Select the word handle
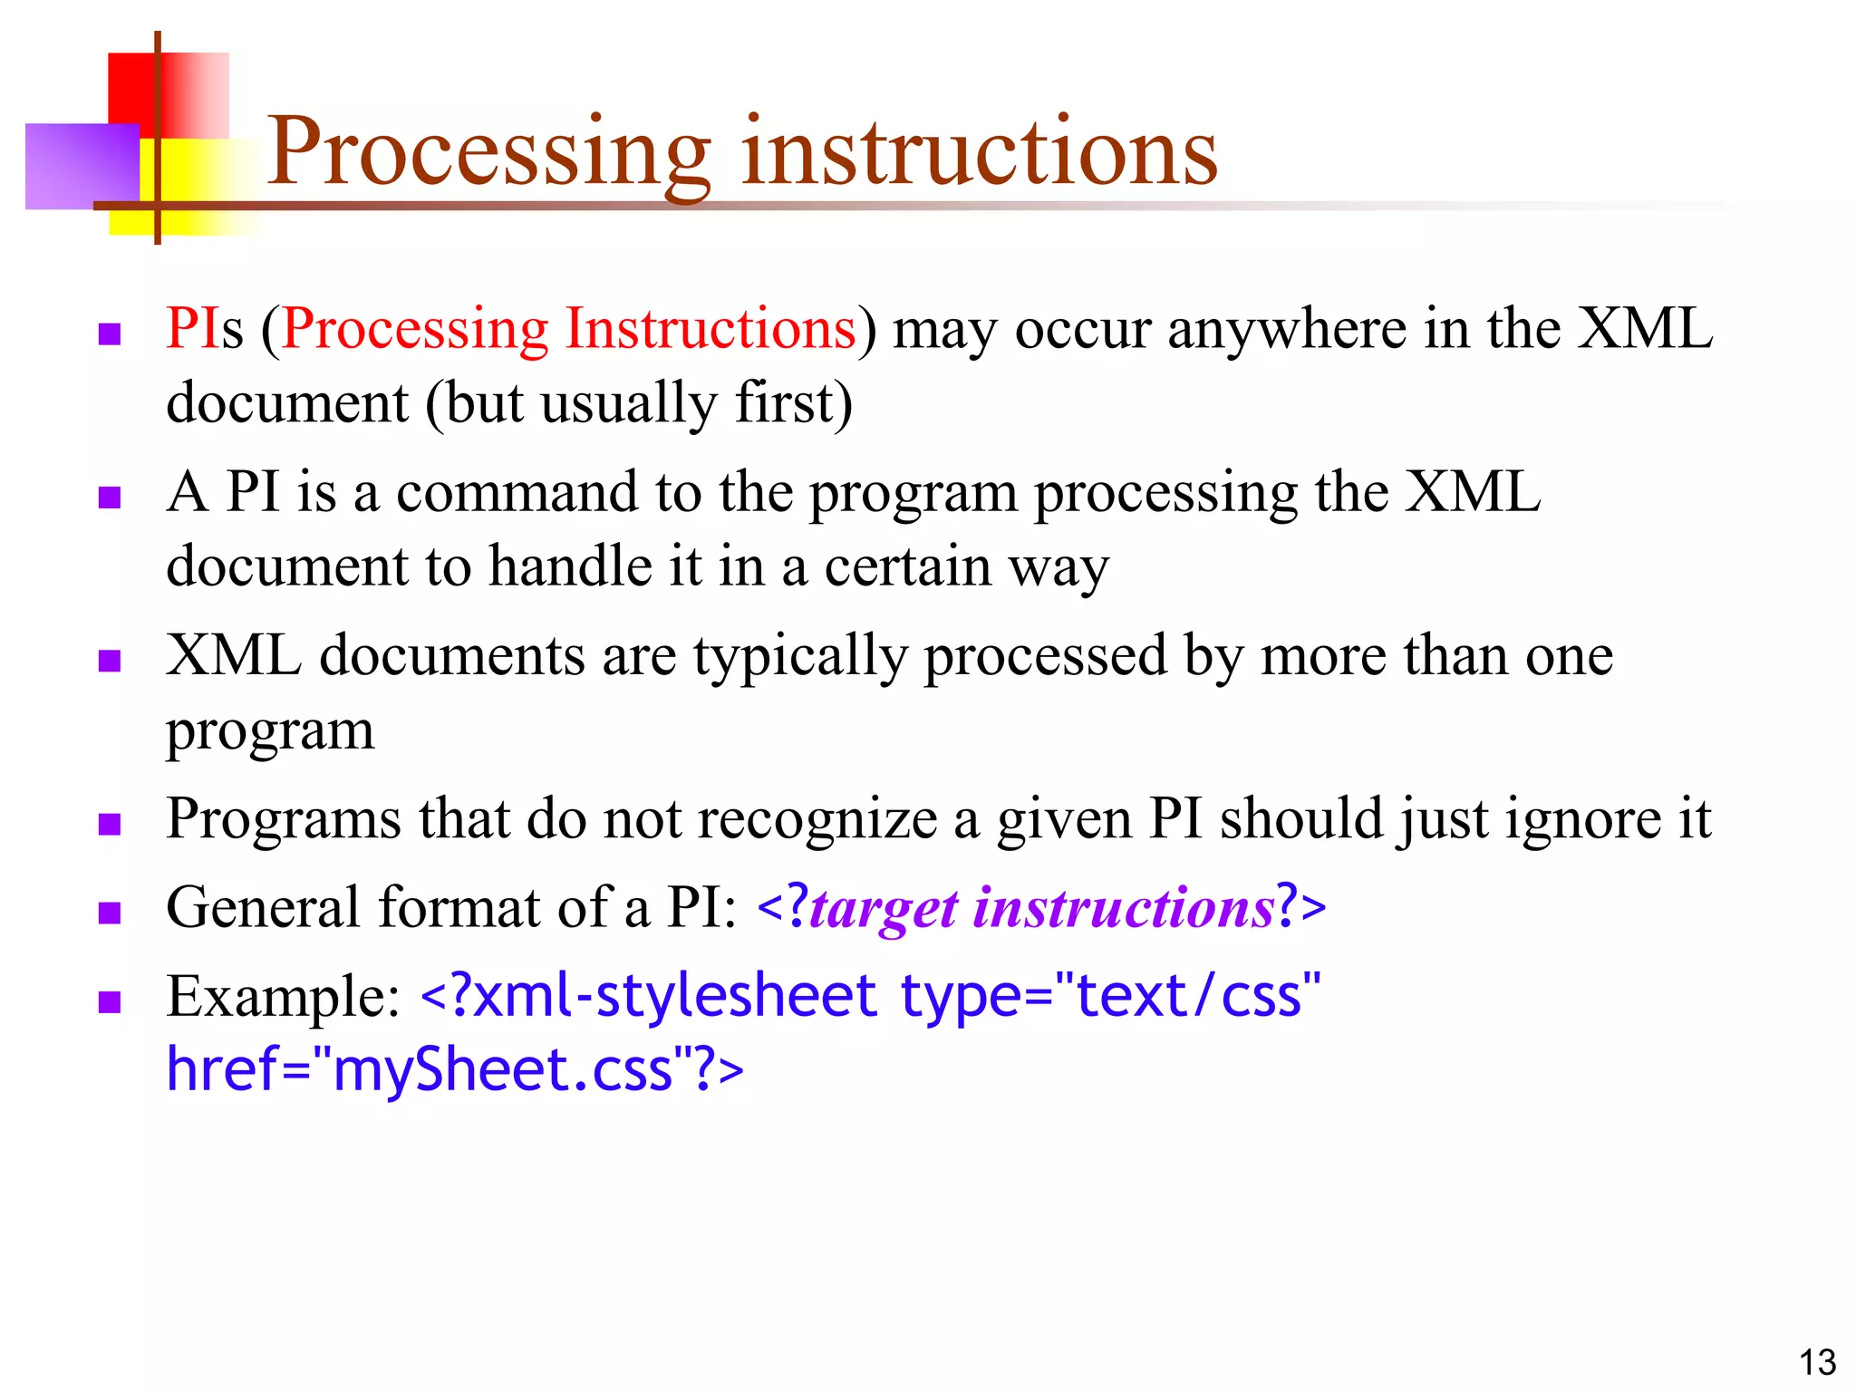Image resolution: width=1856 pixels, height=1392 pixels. pyautogui.click(x=571, y=567)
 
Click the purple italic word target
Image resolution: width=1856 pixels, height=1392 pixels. pyautogui.click(x=884, y=909)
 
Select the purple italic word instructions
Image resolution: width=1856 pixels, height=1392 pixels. pyautogui.click(x=1124, y=907)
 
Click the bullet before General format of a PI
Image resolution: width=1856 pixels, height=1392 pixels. pyautogui.click(x=110, y=913)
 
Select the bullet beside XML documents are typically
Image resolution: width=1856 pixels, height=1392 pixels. pyautogui.click(x=110, y=661)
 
